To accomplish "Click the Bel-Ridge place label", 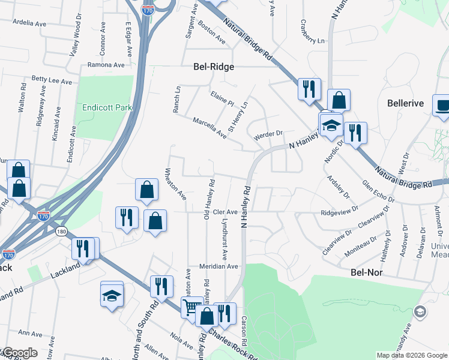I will pos(213,67).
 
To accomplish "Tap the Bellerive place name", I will pos(405,103).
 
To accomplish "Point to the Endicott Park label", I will pos(107,107).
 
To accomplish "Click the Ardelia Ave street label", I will pos(29,23).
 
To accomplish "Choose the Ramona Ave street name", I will pos(106,65).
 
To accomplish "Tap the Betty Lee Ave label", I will pos(52,80).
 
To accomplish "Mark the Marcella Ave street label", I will pos(209,128).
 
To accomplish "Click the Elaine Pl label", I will pos(222,98).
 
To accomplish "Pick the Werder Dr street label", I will pos(268,136).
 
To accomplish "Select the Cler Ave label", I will pos(226,212).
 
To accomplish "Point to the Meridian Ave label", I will pos(219,266).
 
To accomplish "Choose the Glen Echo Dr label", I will pos(378,191).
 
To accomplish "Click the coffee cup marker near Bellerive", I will pos(442,106).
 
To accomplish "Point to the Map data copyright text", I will pos(411,355).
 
